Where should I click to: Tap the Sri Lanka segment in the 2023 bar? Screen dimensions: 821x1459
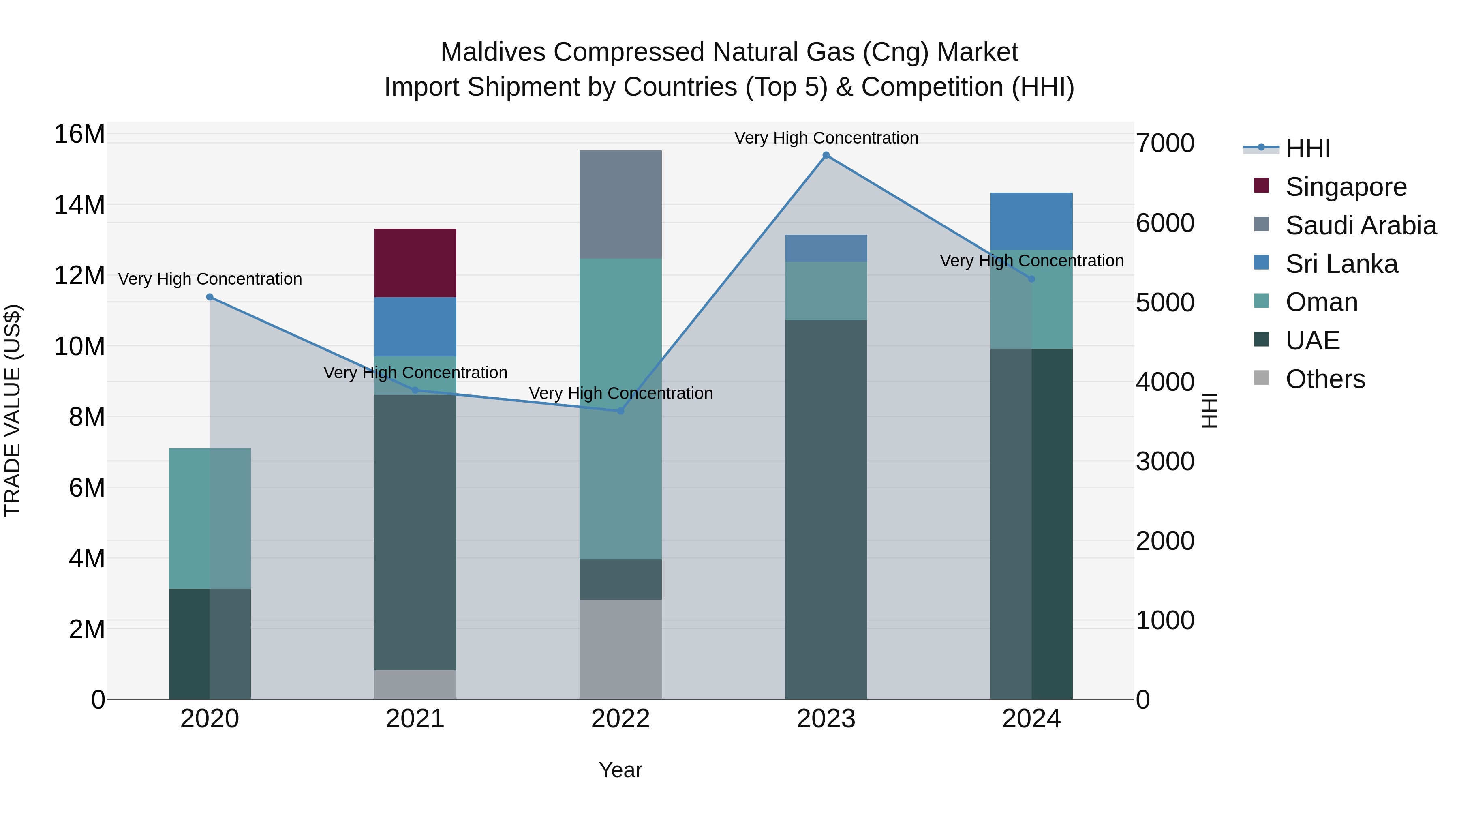826,248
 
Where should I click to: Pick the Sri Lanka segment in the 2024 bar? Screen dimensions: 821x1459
1031,221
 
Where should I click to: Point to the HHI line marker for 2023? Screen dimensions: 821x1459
826,155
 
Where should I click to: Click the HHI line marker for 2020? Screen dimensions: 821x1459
210,297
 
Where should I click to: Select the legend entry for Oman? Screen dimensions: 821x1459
1321,302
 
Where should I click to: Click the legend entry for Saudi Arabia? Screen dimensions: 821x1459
1361,225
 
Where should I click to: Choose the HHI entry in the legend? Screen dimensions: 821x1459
1307,148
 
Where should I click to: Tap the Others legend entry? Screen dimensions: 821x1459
1325,379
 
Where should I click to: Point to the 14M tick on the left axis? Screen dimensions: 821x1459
79,205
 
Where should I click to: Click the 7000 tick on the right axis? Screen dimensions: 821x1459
1165,144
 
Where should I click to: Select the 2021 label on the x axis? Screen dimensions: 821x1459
415,719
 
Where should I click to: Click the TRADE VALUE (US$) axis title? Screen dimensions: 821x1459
13,410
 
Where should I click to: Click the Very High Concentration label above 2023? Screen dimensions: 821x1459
826,138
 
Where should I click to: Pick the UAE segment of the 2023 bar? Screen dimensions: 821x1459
826,510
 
